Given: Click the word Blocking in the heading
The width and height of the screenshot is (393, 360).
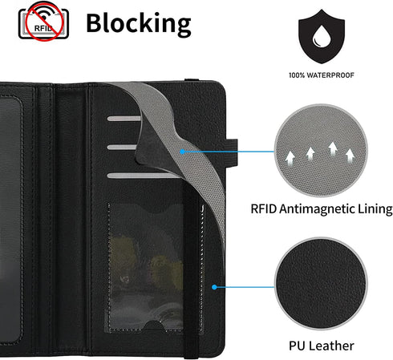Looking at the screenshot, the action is (x=139, y=24).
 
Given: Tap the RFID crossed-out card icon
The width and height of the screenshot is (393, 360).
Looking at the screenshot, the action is (x=43, y=21).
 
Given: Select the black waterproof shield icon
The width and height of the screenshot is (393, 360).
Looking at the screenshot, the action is (x=322, y=37).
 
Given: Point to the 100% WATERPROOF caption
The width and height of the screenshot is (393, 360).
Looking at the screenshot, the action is (x=322, y=75).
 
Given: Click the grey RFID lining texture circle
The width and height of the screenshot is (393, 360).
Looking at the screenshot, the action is (x=321, y=151).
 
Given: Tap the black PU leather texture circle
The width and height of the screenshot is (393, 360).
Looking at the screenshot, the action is (x=321, y=284).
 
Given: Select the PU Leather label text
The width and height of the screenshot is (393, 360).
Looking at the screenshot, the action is (x=322, y=346).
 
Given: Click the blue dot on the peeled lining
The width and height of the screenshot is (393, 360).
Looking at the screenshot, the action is (x=182, y=152).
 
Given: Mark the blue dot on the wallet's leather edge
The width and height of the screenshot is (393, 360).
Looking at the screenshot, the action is (x=214, y=287).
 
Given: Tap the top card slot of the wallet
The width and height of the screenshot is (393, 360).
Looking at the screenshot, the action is (x=124, y=119).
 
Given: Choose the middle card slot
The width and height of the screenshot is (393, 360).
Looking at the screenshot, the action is (x=122, y=147).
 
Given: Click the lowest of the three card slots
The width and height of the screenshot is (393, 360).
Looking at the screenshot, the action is (x=143, y=176).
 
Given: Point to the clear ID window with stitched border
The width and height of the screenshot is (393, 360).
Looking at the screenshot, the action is (x=156, y=267).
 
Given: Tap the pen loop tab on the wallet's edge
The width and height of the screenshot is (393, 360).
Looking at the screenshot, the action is (x=231, y=152).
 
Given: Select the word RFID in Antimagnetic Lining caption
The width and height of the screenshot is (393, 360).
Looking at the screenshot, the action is (x=264, y=208).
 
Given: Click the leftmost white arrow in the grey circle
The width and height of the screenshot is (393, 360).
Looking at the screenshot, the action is (x=290, y=157).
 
